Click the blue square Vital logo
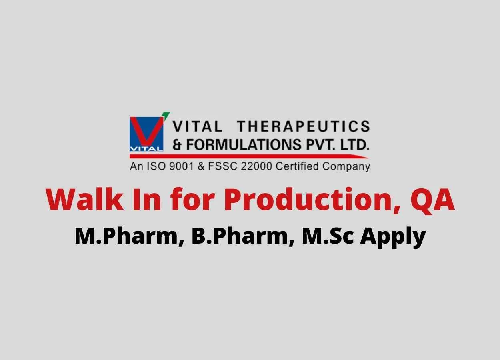146,134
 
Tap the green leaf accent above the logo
166,114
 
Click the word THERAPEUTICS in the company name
303,126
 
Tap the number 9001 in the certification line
181,166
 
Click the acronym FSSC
222,166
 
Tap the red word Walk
84,199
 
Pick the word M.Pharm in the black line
130,236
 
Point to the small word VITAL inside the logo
146,149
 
